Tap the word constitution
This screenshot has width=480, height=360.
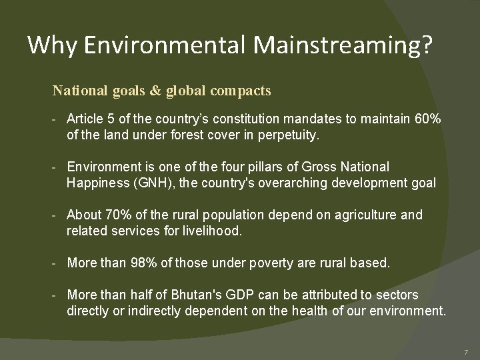point(253,118)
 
